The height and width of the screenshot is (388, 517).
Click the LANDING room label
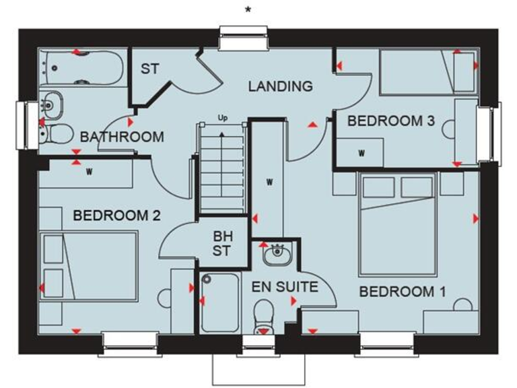pos(280,86)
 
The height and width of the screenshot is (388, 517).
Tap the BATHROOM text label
pos(122,137)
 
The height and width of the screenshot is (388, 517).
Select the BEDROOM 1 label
pos(402,292)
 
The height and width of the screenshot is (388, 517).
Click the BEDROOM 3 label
pos(390,121)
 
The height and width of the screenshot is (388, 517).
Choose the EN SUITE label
pos(285,287)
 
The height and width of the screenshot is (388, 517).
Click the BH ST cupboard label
pos(221,244)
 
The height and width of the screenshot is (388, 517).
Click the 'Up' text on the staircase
pos(222,119)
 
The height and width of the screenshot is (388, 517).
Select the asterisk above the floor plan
pos(249,9)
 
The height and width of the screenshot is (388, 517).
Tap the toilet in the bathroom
pos(57,135)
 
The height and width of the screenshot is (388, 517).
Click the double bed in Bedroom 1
pos(398,222)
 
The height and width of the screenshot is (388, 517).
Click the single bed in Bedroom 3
pos(427,70)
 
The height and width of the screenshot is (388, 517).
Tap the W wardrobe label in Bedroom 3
pos(361,153)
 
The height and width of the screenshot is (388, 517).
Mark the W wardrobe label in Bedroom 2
pos(89,171)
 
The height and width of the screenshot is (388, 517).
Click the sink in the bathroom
pos(51,104)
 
